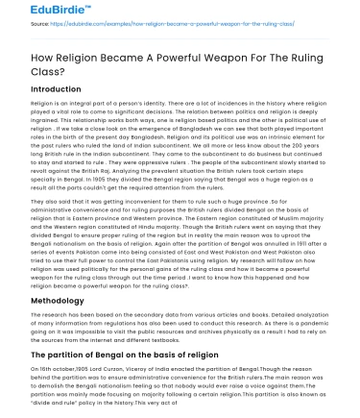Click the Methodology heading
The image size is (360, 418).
tap(46, 299)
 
